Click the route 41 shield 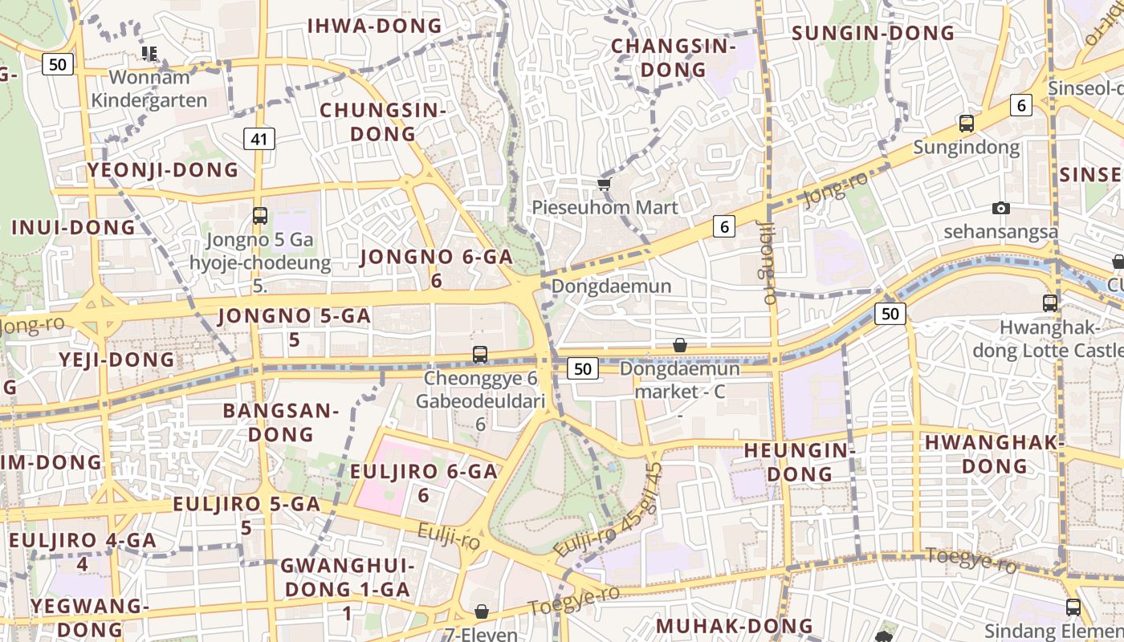pyautogui.click(x=259, y=139)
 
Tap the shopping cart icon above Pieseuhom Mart pyautogui.click(x=605, y=185)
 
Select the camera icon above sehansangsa pyautogui.click(x=1000, y=209)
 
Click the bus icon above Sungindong pyautogui.click(x=967, y=124)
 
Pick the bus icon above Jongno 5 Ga pyautogui.click(x=260, y=215)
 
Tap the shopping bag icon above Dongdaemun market pyautogui.click(x=680, y=345)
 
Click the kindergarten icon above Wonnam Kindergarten pyautogui.click(x=149, y=54)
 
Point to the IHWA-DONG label pyautogui.click(x=375, y=26)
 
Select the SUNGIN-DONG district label pyautogui.click(x=874, y=33)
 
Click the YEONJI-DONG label pyautogui.click(x=163, y=170)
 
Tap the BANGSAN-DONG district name pyautogui.click(x=281, y=423)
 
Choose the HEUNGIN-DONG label pyautogui.click(x=800, y=462)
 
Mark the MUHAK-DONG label pyautogui.click(x=735, y=626)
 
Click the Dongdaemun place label pyautogui.click(x=612, y=286)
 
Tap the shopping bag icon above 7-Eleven pyautogui.click(x=482, y=612)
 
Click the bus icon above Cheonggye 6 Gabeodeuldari pyautogui.click(x=480, y=354)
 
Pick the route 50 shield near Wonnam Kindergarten pyautogui.click(x=58, y=64)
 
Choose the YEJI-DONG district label pyautogui.click(x=116, y=360)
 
